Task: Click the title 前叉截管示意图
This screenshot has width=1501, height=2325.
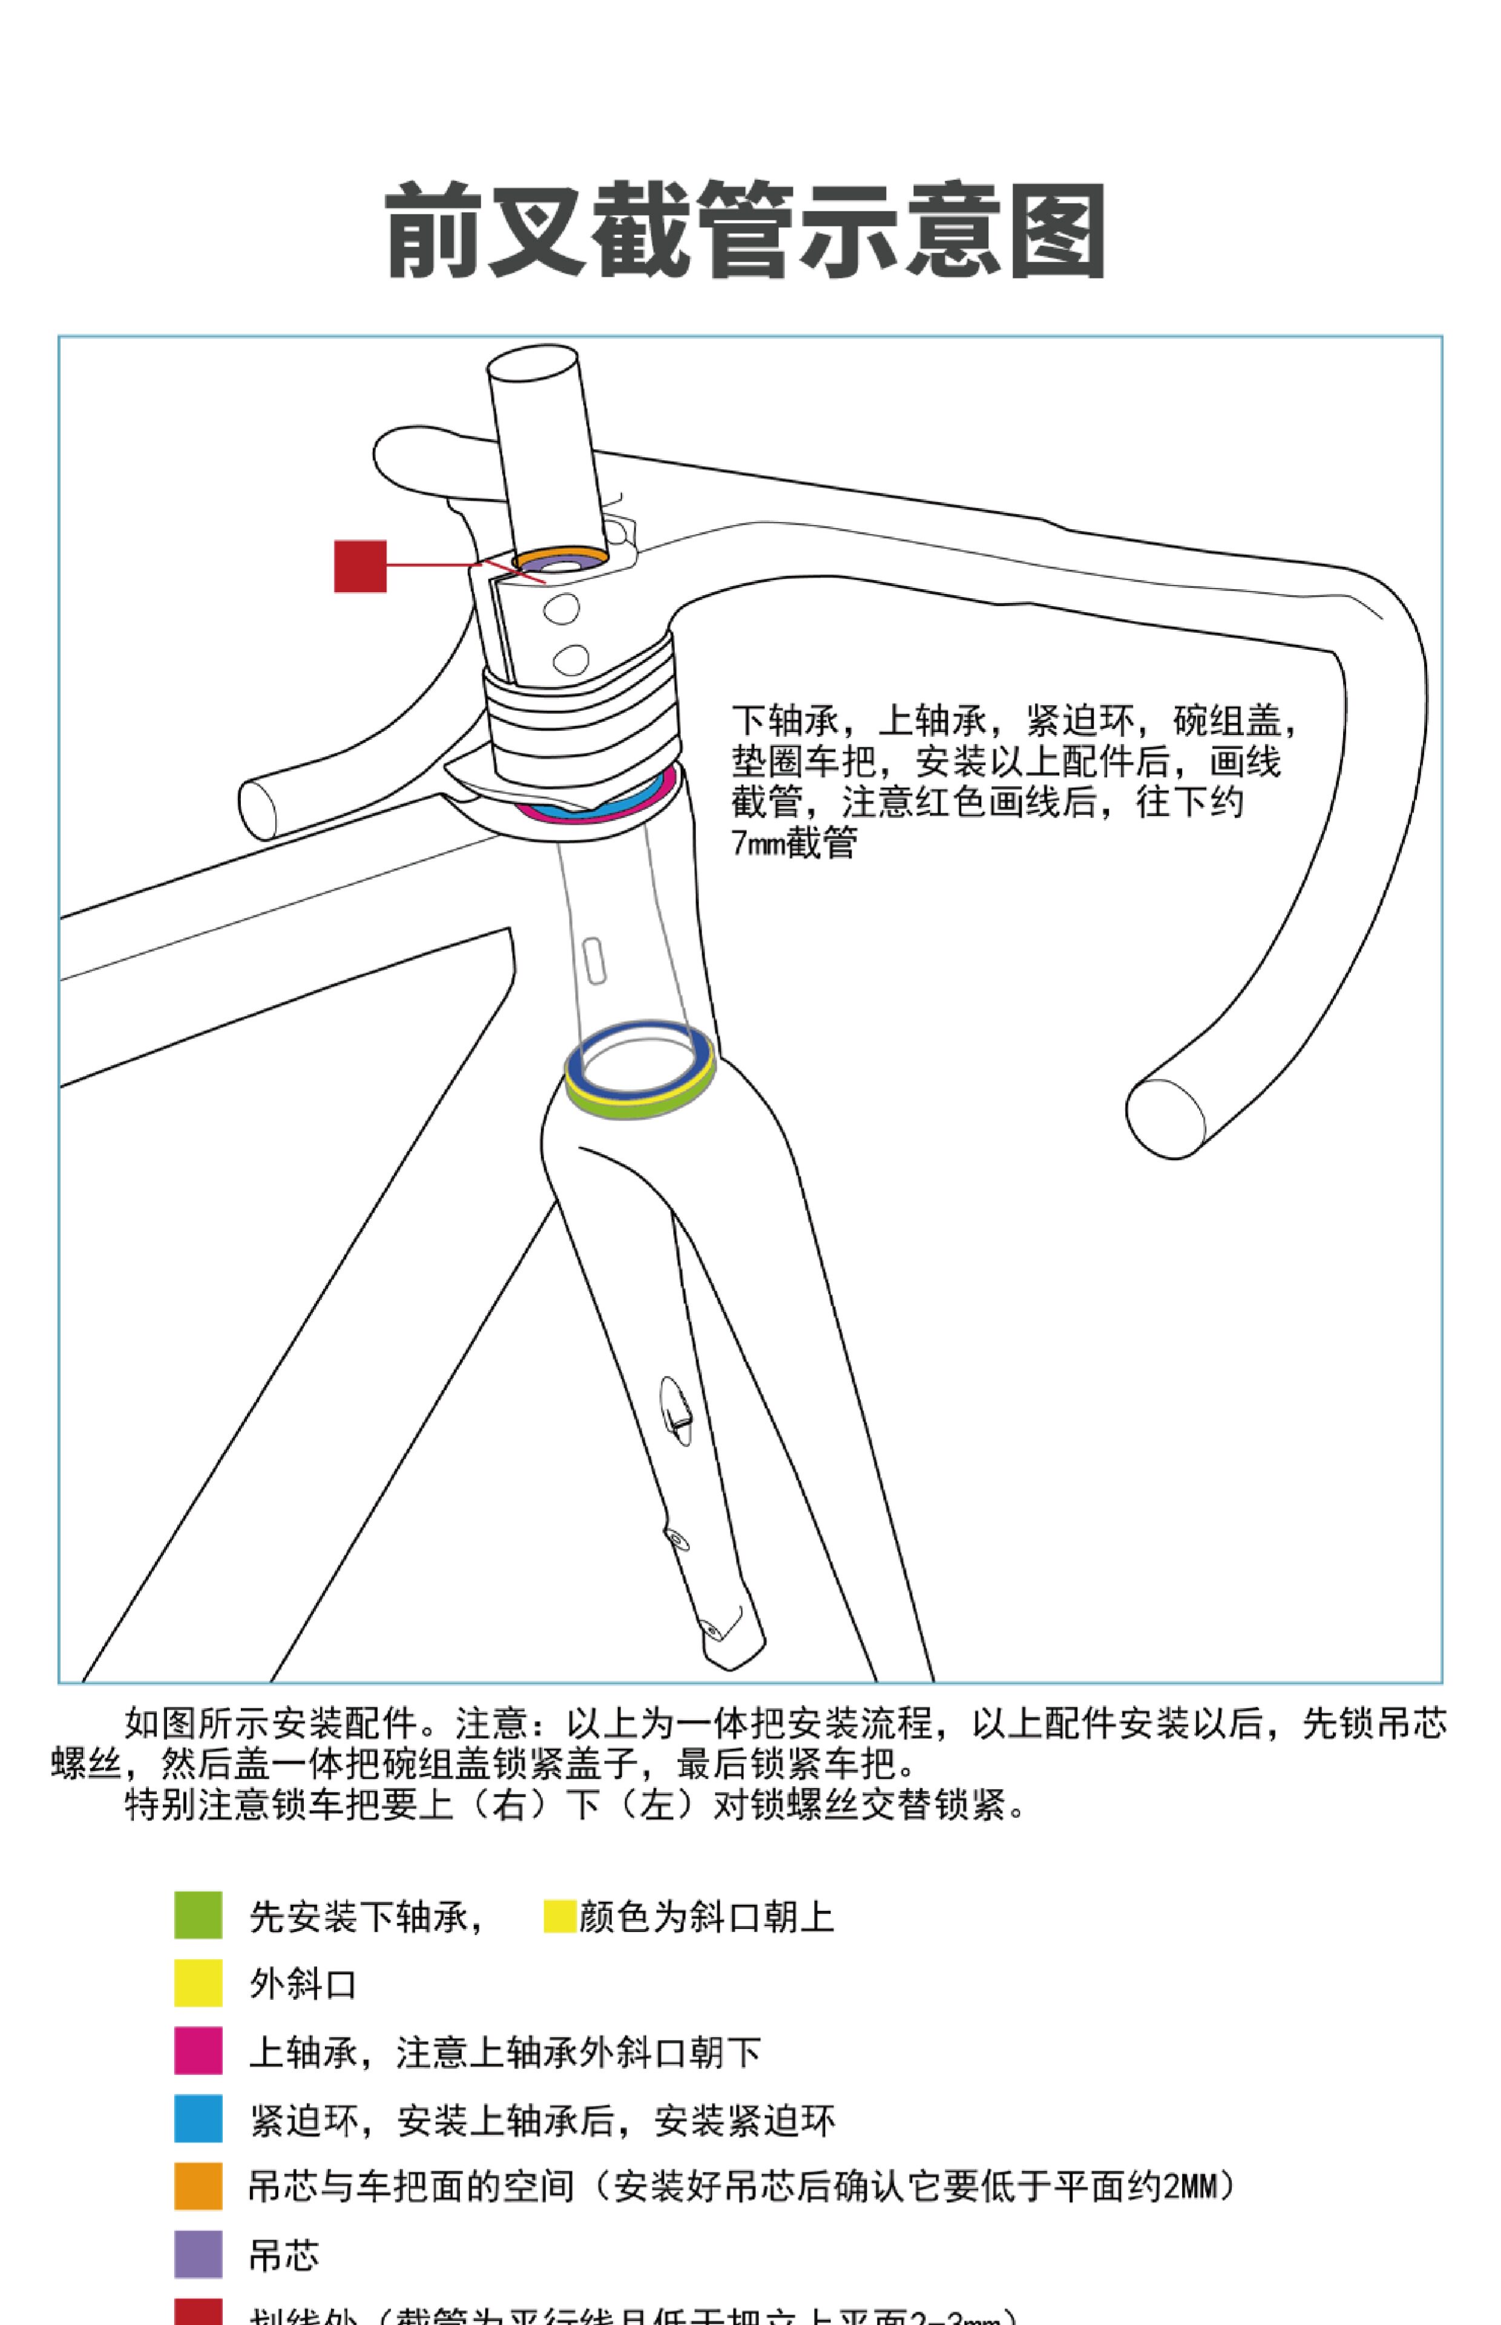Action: point(746,231)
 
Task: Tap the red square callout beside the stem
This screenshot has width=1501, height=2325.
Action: point(360,566)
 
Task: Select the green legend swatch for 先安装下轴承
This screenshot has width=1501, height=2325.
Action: point(198,1914)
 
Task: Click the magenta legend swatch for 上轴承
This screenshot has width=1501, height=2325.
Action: point(198,2050)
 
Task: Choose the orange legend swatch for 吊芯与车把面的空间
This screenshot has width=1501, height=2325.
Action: point(198,2186)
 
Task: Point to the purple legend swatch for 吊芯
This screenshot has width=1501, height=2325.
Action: point(198,2254)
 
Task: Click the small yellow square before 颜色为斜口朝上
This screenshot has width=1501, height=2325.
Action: point(559,1914)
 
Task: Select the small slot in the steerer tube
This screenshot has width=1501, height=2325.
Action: point(594,960)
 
